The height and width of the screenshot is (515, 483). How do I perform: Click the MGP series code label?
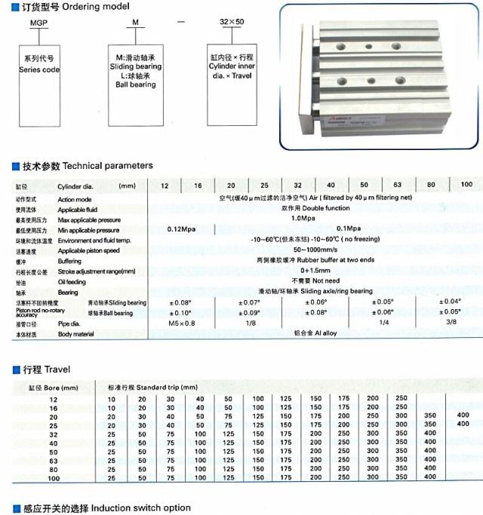pos(39,23)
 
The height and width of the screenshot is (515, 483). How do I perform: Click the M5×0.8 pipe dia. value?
pos(183,323)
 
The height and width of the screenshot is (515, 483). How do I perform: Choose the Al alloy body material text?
pos(316,333)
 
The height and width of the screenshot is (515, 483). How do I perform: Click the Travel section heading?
pos(57,369)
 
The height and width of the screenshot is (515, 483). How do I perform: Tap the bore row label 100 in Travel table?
pos(53,477)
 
